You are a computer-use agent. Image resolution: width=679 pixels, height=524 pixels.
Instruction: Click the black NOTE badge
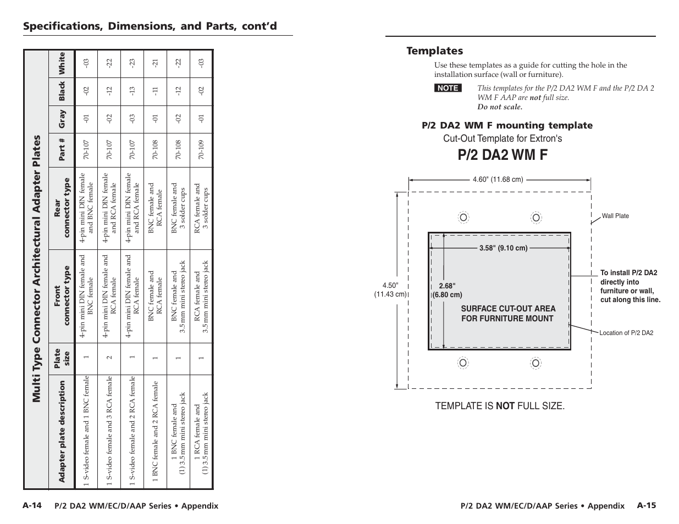[448, 88]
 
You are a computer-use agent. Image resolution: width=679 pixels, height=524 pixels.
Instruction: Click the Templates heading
[434, 51]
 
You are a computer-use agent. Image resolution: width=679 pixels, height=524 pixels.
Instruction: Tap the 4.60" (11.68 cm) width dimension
[498, 179]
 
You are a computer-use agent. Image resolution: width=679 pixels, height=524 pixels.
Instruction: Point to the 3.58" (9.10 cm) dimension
[503, 248]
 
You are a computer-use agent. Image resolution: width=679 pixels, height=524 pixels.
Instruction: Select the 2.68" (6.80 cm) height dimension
[448, 290]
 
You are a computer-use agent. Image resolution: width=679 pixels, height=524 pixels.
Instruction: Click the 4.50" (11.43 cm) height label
[390, 289]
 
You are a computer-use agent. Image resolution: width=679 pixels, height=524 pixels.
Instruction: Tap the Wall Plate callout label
[615, 216]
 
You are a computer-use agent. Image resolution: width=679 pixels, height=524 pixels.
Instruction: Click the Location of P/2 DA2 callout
[626, 333]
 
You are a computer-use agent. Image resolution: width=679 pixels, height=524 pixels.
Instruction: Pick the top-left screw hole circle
[463, 218]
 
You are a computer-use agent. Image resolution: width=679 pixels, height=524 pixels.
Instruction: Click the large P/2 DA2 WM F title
[503, 155]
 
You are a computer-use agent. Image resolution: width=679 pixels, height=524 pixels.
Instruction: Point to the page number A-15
[647, 505]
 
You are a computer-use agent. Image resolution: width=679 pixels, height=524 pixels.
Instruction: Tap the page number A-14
[32, 505]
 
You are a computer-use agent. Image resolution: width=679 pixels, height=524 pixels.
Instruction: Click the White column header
[62, 63]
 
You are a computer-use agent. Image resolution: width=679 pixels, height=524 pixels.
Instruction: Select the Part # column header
[62, 149]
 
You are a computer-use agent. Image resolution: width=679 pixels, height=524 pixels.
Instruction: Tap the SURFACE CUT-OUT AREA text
[508, 309]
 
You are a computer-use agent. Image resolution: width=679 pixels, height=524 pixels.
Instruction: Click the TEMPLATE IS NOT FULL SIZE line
[500, 406]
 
